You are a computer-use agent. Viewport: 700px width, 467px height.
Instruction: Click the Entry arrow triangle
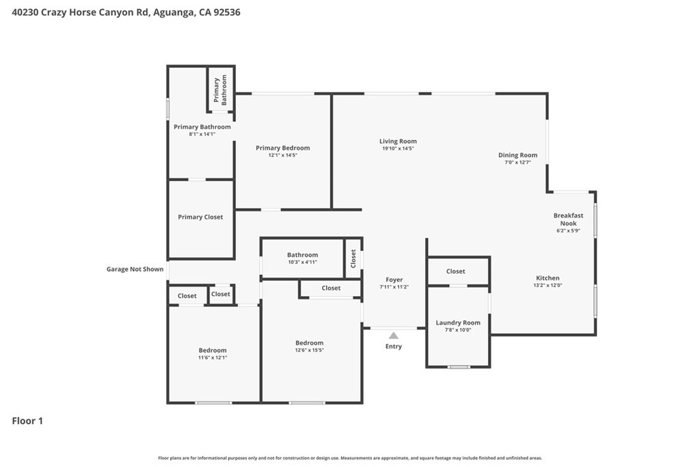393,335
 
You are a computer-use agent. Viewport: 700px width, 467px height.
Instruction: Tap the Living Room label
399,141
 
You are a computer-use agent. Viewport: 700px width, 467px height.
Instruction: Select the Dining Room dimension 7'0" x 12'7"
518,163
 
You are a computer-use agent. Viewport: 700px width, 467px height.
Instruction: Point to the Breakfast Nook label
568,219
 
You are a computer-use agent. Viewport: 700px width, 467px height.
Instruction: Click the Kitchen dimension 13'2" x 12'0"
548,285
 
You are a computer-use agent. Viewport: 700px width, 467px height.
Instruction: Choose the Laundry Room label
458,322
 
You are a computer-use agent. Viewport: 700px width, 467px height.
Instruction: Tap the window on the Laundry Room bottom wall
459,367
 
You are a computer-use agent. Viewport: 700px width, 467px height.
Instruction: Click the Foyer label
394,280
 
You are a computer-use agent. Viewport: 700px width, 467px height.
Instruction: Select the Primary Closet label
200,217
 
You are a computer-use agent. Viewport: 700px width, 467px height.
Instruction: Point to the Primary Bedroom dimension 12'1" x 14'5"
282,155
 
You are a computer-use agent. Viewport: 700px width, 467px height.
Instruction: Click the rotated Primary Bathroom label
220,90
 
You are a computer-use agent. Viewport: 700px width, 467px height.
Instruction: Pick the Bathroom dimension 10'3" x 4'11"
303,262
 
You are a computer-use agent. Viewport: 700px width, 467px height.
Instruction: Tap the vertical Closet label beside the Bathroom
353,258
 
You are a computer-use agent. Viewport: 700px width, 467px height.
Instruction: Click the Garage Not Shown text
135,269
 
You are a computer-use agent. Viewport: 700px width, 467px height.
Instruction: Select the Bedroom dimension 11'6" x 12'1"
213,358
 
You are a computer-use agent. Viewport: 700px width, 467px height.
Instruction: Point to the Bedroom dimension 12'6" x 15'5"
310,350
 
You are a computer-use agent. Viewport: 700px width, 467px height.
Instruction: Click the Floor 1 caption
27,421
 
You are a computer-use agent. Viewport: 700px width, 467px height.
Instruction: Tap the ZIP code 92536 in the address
227,12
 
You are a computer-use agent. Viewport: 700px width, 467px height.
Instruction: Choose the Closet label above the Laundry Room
456,271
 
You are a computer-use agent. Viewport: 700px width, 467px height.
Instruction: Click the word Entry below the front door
394,347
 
